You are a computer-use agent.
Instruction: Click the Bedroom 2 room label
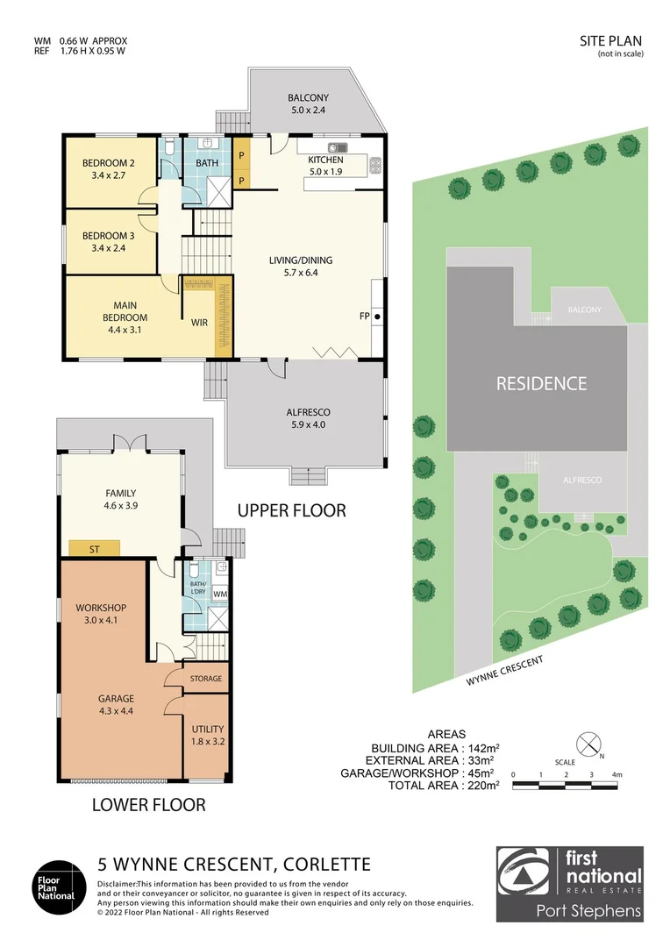pos(108,163)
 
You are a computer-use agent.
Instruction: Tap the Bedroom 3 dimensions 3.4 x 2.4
pos(108,248)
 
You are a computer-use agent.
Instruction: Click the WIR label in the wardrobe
pos(199,323)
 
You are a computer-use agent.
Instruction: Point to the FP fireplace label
pos(365,316)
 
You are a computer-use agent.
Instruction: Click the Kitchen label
pos(325,160)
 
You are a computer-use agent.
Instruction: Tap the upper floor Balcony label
pos(307,98)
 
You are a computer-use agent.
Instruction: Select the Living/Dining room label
pos(301,260)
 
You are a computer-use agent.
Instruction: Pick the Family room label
pos(121,493)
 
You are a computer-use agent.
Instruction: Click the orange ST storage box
pos(95,548)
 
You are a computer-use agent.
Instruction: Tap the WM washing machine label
pos(219,594)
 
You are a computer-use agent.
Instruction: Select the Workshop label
pos(102,608)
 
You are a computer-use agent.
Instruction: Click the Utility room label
pos(208,729)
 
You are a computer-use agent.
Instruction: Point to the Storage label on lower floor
pos(207,679)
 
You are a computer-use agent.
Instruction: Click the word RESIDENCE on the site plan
pos(541,383)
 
